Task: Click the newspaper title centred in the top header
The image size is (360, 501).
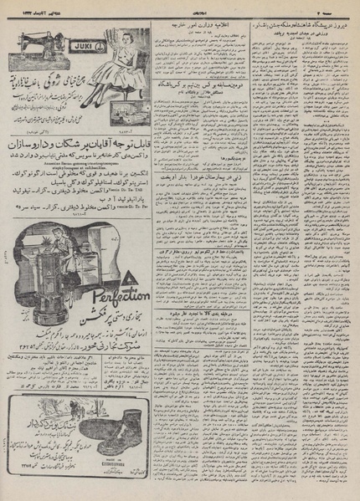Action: click(180, 7)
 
